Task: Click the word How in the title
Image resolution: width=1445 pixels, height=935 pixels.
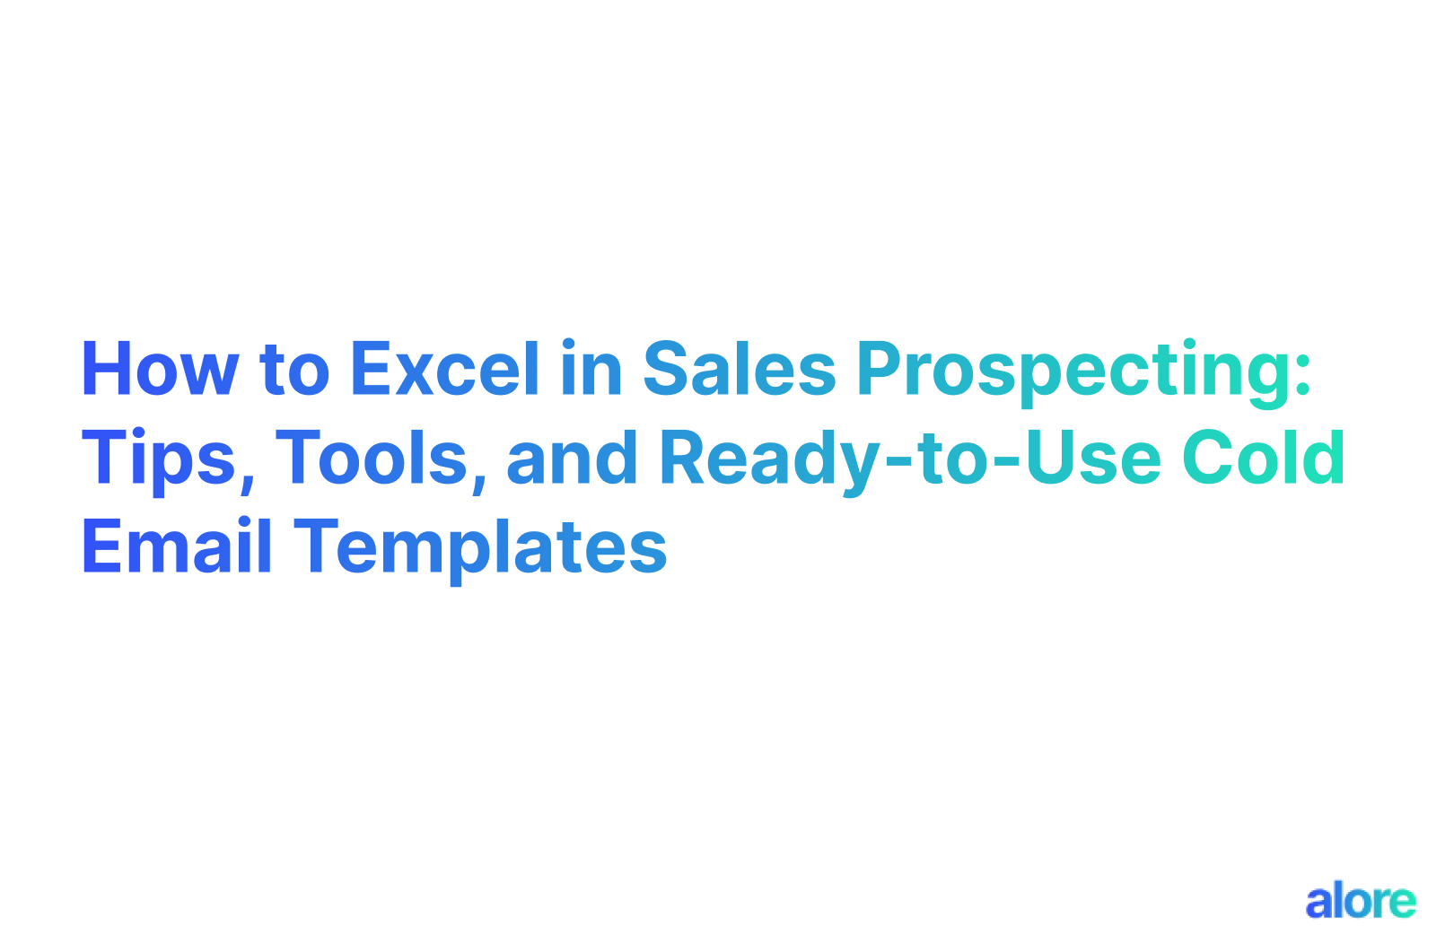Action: (160, 370)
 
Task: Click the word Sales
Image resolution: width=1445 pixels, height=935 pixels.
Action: (740, 370)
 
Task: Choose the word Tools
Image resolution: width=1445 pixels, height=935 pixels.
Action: (372, 459)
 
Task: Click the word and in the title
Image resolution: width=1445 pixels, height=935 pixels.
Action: (572, 459)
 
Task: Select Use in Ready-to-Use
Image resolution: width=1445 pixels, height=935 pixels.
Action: (1094, 459)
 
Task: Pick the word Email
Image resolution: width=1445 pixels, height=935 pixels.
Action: (177, 547)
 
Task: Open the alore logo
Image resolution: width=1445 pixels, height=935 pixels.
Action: (1360, 901)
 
